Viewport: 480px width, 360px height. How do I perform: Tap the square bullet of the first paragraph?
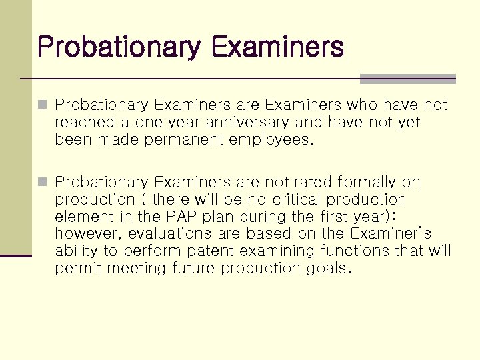tap(43, 105)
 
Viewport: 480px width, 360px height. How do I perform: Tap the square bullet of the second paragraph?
tap(43, 182)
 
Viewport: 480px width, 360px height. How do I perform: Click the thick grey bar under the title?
tap(407, 79)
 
